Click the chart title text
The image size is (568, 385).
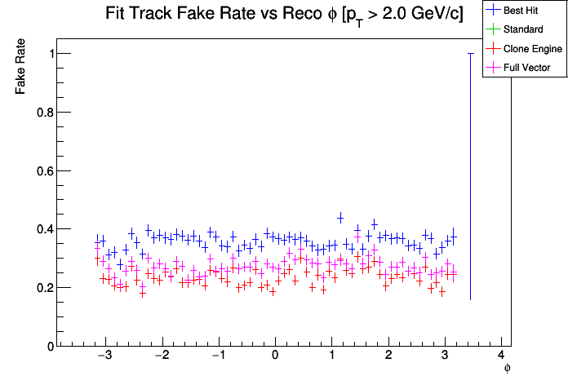[x=284, y=15]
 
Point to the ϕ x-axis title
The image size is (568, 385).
[x=507, y=369]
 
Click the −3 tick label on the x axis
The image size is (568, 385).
[x=105, y=357]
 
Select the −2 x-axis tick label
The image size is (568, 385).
[x=162, y=357]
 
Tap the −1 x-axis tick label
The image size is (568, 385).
[x=218, y=357]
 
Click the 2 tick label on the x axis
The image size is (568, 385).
[x=388, y=357]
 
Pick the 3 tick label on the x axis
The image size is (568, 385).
[x=445, y=357]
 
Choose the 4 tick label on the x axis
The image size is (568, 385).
[x=501, y=357]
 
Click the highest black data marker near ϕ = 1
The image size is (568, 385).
[x=340, y=217]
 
